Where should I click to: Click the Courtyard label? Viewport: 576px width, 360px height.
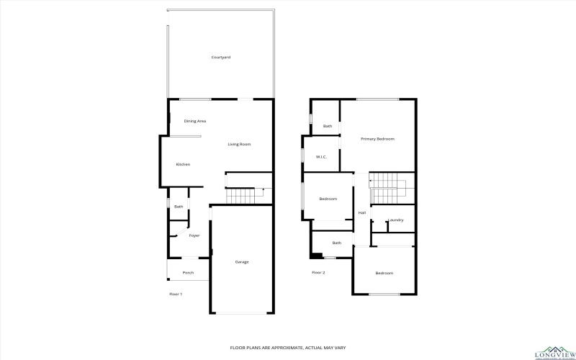tap(220, 57)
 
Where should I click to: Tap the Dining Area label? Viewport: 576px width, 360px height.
tap(195, 121)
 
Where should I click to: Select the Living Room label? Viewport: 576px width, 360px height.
tap(239, 145)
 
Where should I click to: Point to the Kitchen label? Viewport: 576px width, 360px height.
tap(183, 165)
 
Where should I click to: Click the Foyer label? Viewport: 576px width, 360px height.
tap(194, 235)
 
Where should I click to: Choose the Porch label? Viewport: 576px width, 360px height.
tap(188, 273)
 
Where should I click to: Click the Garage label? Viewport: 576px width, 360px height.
tap(242, 262)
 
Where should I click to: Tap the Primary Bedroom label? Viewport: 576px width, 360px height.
tap(377, 139)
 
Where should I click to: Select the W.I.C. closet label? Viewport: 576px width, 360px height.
tap(321, 157)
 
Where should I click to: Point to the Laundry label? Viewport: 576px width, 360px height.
tap(395, 220)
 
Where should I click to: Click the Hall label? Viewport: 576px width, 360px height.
tap(362, 213)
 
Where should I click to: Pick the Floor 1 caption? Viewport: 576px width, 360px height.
tap(176, 294)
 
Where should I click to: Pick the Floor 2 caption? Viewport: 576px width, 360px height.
tap(318, 273)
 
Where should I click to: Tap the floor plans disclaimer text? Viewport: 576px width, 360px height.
tap(287, 348)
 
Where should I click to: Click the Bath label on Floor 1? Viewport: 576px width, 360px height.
tap(179, 207)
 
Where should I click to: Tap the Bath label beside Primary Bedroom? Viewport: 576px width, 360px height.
tap(328, 127)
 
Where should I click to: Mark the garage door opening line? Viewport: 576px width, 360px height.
tap(242, 312)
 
